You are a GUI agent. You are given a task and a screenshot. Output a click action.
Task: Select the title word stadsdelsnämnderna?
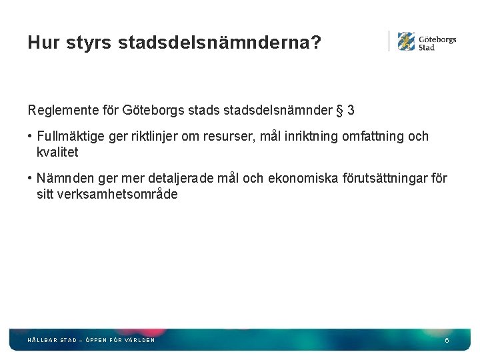point(220,43)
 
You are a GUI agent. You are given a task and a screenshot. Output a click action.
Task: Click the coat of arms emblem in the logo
point(406,41)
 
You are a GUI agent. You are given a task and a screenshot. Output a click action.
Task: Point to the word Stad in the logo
point(427,48)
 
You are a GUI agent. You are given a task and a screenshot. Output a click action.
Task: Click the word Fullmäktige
point(70,137)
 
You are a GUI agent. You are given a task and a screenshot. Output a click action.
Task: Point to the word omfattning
point(372,137)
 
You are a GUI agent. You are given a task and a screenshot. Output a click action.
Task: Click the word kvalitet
point(57,152)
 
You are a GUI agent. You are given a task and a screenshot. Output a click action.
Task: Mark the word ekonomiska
point(303,179)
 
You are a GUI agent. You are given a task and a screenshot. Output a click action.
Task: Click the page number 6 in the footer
point(447,341)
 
